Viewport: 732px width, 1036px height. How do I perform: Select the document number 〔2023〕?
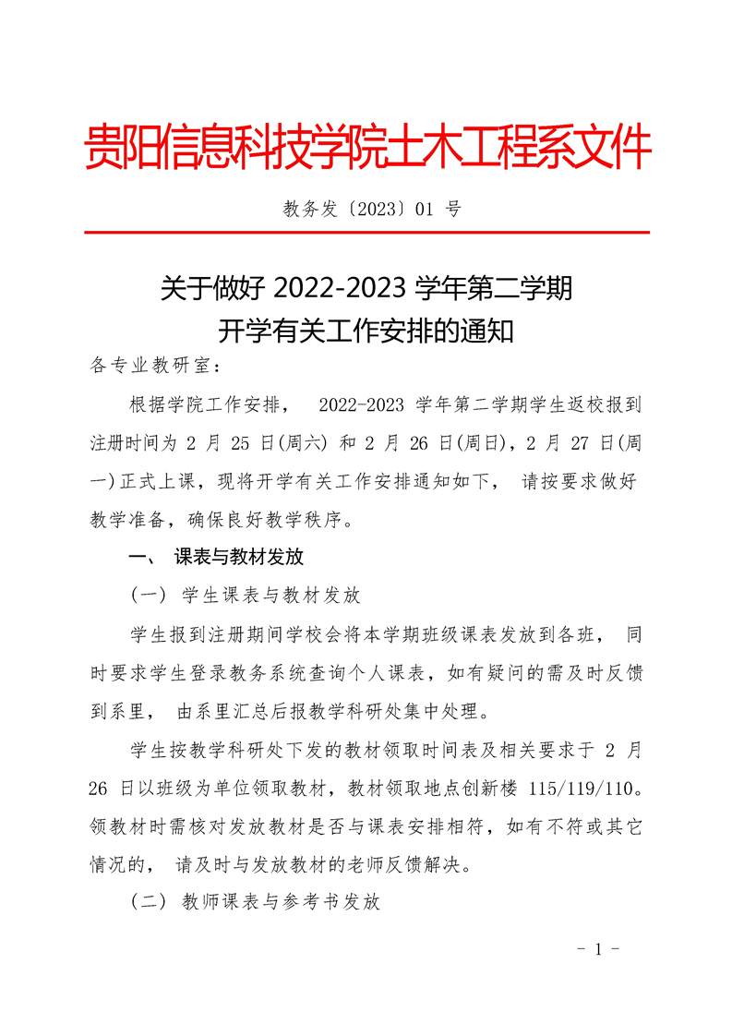coord(372,209)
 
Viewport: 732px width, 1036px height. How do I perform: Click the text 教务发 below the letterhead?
coord(311,209)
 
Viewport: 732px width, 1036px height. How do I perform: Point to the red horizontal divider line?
coord(366,233)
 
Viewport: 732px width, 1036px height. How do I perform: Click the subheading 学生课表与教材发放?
coord(271,596)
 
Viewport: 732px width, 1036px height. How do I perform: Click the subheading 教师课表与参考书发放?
coord(281,903)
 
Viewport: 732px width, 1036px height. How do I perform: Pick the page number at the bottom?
coord(597,949)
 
